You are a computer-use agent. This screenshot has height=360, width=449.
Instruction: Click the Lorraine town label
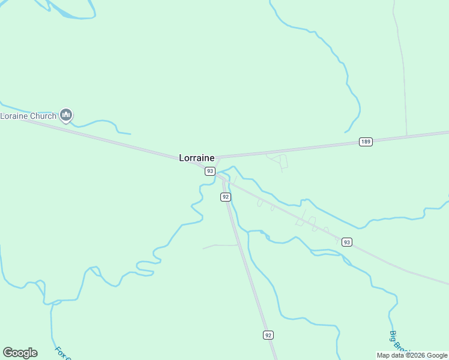[196, 158]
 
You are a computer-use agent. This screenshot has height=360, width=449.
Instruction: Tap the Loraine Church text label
[28, 116]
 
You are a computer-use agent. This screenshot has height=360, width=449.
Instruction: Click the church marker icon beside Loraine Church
[66, 115]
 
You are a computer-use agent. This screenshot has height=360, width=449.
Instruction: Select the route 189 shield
[366, 142]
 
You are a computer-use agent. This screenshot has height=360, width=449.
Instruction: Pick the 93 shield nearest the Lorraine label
[209, 171]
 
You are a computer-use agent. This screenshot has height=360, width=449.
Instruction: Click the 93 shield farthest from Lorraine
[346, 242]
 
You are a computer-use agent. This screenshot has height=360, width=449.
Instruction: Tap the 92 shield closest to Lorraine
[225, 197]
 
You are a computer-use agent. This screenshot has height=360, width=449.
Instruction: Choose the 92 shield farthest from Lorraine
[268, 335]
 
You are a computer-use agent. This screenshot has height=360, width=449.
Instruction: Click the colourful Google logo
[20, 353]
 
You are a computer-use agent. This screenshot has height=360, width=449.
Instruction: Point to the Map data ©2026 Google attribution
[412, 355]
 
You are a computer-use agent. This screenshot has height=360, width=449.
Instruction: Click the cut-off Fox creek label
[62, 353]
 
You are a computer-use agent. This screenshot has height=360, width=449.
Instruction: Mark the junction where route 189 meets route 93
[216, 158]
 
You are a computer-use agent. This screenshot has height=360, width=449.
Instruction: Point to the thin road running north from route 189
[402, 72]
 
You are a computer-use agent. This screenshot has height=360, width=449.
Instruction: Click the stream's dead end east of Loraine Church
[130, 133]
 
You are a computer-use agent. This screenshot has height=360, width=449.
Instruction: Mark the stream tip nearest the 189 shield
[345, 132]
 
